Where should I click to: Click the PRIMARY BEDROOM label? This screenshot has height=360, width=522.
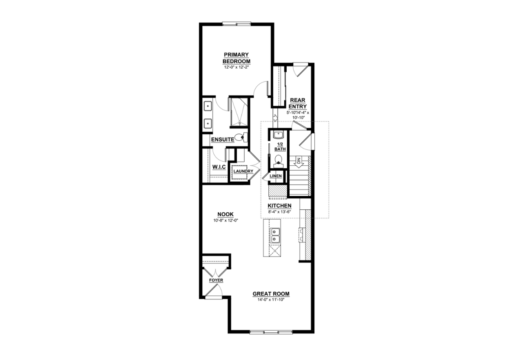(236, 58)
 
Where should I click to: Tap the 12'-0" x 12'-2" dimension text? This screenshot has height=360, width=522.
(236, 67)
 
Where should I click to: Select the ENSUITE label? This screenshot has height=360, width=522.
(223, 140)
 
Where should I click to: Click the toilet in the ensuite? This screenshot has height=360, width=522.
(241, 137)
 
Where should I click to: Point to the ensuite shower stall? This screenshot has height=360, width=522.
(239, 112)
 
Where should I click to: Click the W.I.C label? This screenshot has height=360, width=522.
(219, 167)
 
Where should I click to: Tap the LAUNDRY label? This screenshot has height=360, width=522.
(243, 171)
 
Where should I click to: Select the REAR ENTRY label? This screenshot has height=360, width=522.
(298, 103)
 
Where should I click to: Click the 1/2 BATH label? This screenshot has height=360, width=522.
(280, 147)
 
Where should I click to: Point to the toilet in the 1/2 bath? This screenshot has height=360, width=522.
(279, 161)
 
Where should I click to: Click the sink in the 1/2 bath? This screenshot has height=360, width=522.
(278, 135)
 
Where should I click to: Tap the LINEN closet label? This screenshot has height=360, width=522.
(276, 176)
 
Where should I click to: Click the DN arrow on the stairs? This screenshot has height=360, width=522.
(299, 162)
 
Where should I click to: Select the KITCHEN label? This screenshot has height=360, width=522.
(279, 206)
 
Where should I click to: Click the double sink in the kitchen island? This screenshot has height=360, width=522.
(275, 236)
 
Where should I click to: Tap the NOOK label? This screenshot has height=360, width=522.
(226, 214)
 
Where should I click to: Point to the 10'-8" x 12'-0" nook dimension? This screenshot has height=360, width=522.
(226, 220)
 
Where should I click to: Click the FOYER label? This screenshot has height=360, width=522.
(216, 280)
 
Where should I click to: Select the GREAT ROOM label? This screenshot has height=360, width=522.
(271, 294)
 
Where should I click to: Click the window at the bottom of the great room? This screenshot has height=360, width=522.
(271, 332)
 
